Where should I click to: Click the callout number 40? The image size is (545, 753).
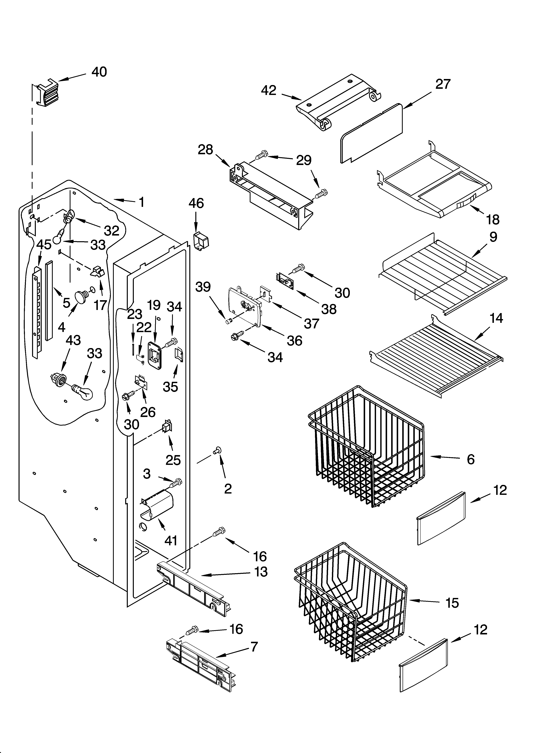(99, 72)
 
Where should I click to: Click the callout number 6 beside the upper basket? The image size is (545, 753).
(470, 459)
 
